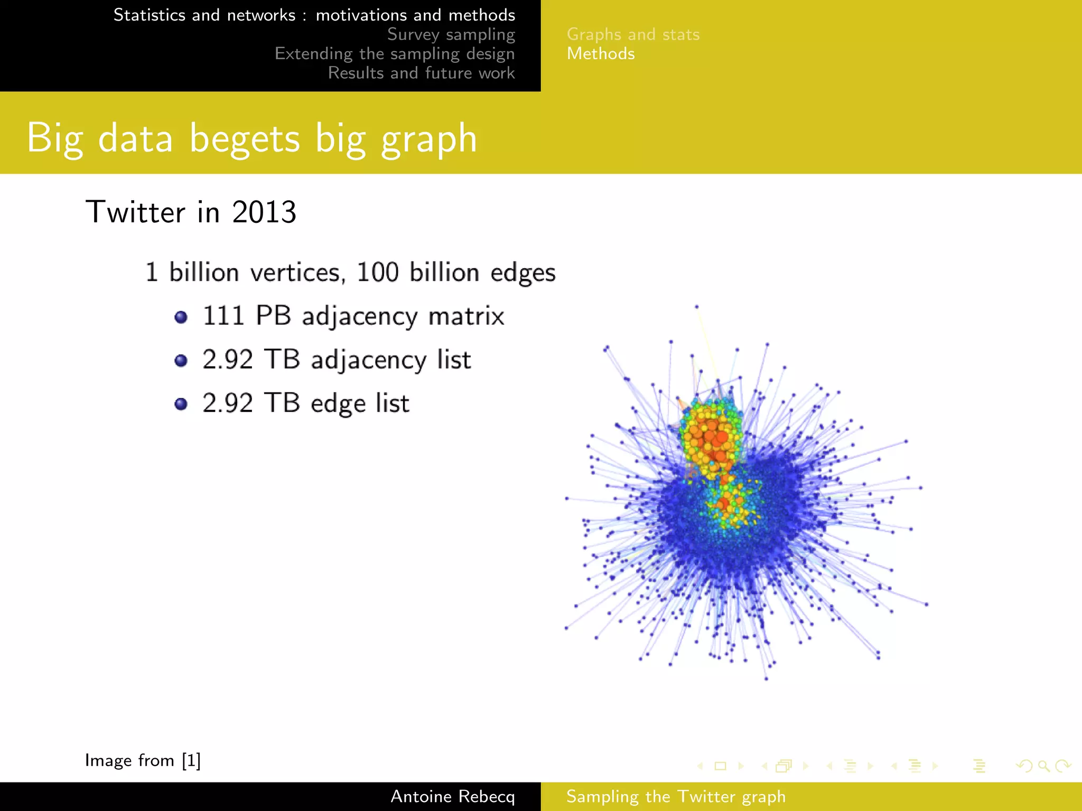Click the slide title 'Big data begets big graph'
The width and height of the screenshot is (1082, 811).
[251, 138]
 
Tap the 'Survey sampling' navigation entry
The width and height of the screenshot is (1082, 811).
[451, 34]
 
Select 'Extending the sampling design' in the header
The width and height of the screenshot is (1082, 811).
[394, 54]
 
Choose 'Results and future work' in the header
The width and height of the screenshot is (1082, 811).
[421, 73]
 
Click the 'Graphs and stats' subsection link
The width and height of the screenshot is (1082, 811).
[633, 34]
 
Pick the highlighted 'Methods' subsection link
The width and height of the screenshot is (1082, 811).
[601, 54]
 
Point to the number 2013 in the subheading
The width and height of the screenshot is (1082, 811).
[264, 212]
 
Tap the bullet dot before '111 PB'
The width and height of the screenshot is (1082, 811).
[181, 317]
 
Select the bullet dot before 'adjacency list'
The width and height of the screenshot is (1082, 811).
[181, 361]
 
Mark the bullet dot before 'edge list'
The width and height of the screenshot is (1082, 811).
[181, 404]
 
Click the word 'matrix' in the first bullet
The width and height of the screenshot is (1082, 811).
[466, 316]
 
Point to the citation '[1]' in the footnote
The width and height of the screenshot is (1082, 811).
[191, 760]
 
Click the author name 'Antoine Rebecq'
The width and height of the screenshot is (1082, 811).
[452, 796]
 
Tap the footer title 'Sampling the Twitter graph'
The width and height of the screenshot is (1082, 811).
[676, 796]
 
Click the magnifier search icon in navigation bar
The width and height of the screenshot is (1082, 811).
[1043, 766]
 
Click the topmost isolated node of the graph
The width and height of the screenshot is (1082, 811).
[696, 307]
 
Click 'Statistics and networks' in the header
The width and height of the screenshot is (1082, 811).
[204, 15]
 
